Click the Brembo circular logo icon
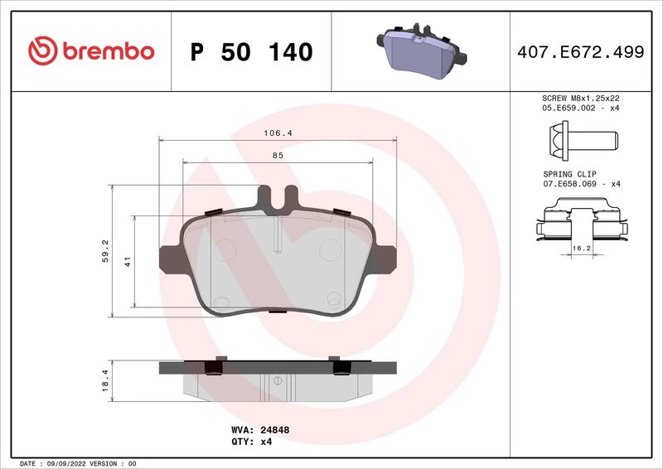coord(43,51)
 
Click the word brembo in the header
coord(109,51)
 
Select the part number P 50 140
coord(252,51)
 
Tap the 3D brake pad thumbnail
coord(421,51)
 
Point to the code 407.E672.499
coord(581,52)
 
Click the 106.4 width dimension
coord(278,133)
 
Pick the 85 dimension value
coord(278,155)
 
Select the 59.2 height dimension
coord(105,251)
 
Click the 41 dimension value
coord(128,261)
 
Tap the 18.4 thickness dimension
coord(105,380)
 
